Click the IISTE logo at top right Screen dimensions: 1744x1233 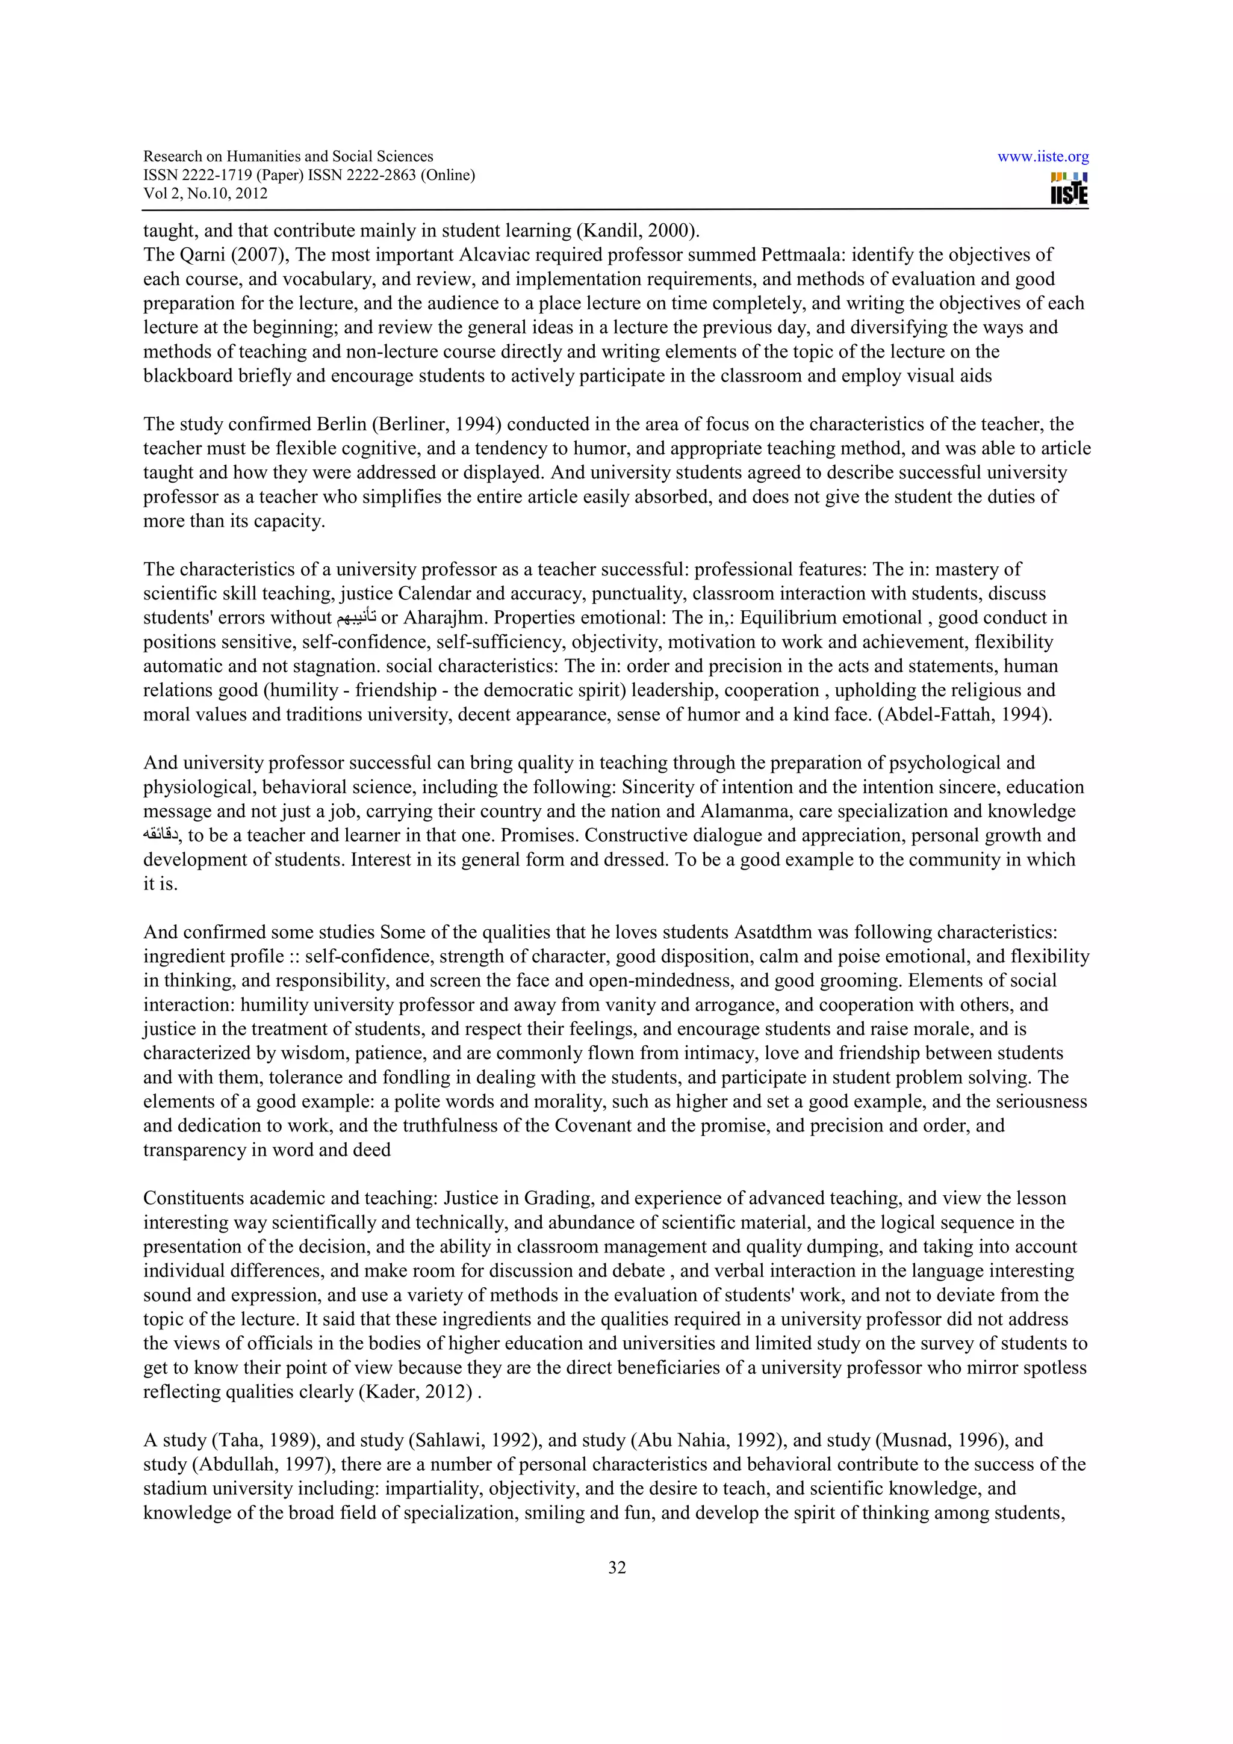pyautogui.click(x=1069, y=188)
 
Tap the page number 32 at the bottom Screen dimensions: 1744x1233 pyautogui.click(x=616, y=1567)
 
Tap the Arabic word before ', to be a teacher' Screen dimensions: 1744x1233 pyautogui.click(x=160, y=835)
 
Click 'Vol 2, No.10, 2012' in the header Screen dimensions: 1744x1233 pyautogui.click(x=205, y=194)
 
